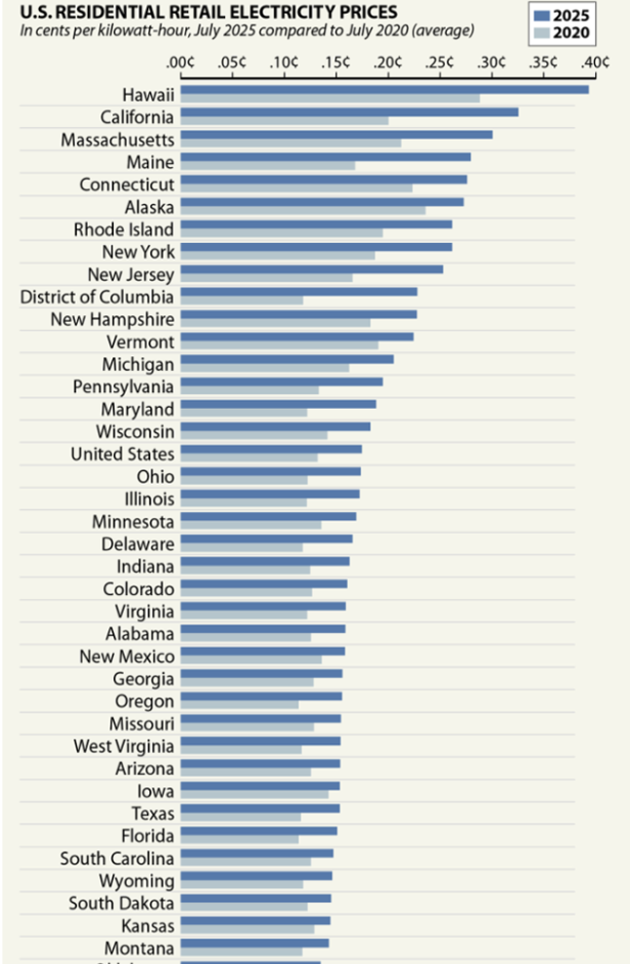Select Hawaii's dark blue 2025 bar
[384, 90]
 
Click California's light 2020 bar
[285, 121]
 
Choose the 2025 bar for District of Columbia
[298, 292]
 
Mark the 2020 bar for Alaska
[303, 211]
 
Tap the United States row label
[123, 454]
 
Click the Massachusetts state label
[118, 140]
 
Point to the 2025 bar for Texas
[260, 808]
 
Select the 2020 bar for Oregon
[240, 704]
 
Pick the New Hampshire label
[113, 319]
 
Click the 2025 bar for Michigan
[287, 359]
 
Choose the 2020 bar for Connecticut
[296, 188]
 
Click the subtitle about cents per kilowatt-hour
[248, 30]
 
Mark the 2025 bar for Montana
[255, 943]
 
